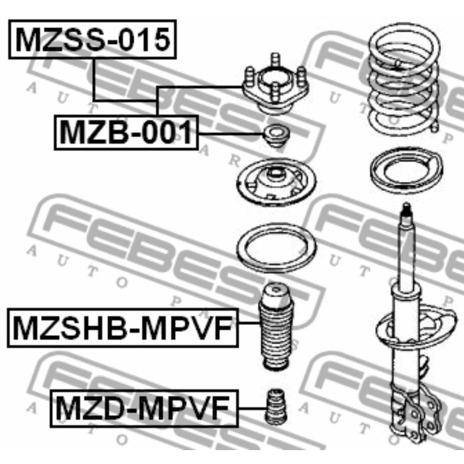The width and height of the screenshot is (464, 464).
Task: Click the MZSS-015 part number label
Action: tap(93, 39)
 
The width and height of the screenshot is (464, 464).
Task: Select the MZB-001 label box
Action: tap(127, 133)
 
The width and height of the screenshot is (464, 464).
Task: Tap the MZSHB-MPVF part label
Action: tap(123, 327)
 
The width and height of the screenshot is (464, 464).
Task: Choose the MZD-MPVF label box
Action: tap(144, 408)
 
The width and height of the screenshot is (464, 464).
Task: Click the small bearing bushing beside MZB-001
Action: tap(276, 136)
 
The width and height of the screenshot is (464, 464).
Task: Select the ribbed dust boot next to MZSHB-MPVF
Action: tap(275, 327)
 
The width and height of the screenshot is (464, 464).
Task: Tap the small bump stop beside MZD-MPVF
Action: tap(276, 406)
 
